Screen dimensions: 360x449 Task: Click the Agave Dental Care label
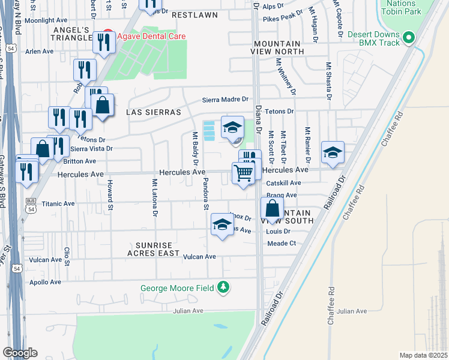click(151, 36)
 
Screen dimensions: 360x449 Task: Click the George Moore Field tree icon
click(223, 287)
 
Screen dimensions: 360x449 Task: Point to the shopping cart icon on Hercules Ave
click(243, 173)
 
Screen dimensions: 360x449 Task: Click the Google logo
click(20, 353)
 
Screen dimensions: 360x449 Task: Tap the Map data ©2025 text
click(423, 355)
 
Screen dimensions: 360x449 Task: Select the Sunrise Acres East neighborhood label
click(154, 250)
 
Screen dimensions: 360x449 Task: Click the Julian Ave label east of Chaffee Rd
click(351, 311)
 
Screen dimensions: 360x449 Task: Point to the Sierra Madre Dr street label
click(225, 99)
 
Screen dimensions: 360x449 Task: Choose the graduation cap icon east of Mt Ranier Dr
click(333, 152)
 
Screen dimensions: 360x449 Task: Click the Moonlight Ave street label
click(46, 20)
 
